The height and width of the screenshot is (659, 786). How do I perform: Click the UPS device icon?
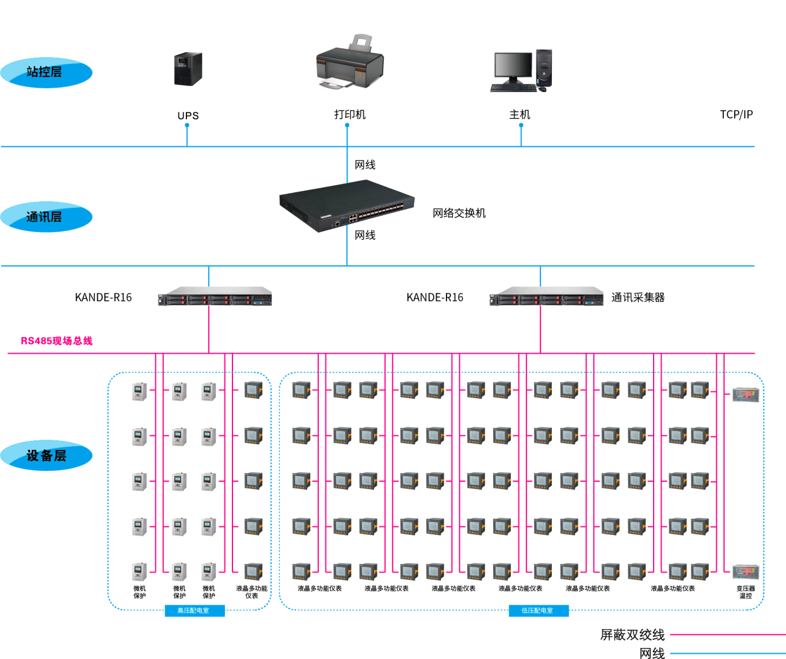click(188, 69)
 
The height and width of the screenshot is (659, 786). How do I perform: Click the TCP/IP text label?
click(736, 115)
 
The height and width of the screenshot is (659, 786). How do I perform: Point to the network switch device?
click(346, 205)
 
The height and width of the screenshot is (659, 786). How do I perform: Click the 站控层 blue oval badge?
click(46, 73)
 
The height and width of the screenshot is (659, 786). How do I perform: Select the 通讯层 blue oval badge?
click(46, 217)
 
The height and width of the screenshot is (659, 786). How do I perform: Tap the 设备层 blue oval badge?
click(46, 456)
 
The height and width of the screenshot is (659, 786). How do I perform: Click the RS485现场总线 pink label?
click(56, 341)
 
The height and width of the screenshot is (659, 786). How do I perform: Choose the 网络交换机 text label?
click(459, 214)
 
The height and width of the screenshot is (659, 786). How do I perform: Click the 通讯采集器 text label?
click(638, 298)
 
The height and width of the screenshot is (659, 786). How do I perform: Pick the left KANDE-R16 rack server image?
click(215, 296)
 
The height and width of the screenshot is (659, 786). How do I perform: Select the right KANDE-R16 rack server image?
click(546, 296)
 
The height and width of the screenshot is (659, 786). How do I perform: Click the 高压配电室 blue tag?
click(194, 611)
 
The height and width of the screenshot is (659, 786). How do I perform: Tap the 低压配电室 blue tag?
click(539, 611)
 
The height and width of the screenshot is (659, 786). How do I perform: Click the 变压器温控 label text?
click(745, 592)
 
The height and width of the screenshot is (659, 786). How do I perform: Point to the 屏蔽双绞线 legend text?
click(632, 635)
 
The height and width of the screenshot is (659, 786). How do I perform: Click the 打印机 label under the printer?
click(350, 115)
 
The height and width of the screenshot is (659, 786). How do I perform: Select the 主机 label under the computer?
click(520, 115)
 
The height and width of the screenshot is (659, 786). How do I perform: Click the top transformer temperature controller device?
click(746, 395)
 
